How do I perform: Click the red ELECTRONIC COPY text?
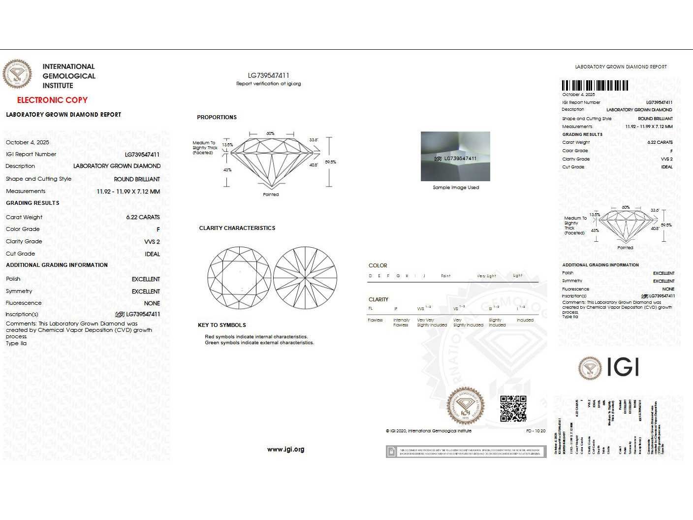click(x=52, y=100)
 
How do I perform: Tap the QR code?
click(x=513, y=409)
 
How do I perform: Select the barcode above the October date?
click(x=595, y=85)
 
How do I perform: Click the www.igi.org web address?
click(x=285, y=449)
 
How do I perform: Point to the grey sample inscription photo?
click(x=455, y=157)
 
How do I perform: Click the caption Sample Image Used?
click(x=456, y=188)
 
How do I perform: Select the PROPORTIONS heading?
click(x=217, y=117)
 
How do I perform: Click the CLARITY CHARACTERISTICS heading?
click(x=237, y=228)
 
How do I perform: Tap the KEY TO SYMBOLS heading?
click(x=221, y=325)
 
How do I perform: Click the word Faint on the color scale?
click(x=445, y=276)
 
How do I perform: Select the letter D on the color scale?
click(x=370, y=276)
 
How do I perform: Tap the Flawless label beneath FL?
click(x=375, y=320)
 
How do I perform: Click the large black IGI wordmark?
click(x=623, y=367)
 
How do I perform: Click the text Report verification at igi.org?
click(x=268, y=84)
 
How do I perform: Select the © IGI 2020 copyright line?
click(x=428, y=431)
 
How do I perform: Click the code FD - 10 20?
click(x=535, y=431)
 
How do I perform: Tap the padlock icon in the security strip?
click(x=391, y=452)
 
